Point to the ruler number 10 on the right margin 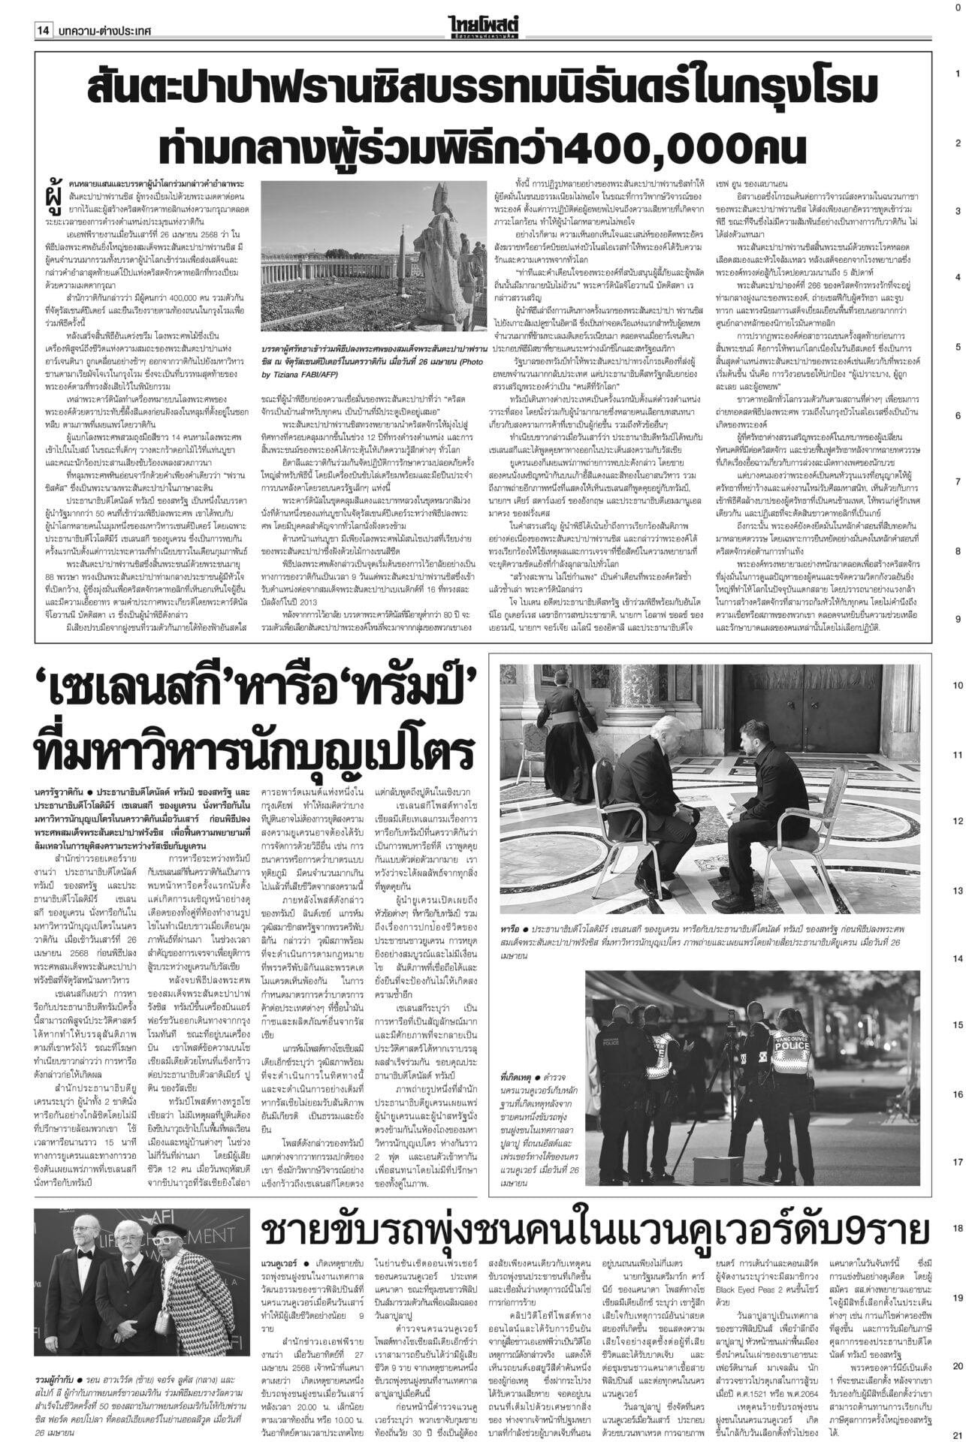pyautogui.click(x=956, y=686)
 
